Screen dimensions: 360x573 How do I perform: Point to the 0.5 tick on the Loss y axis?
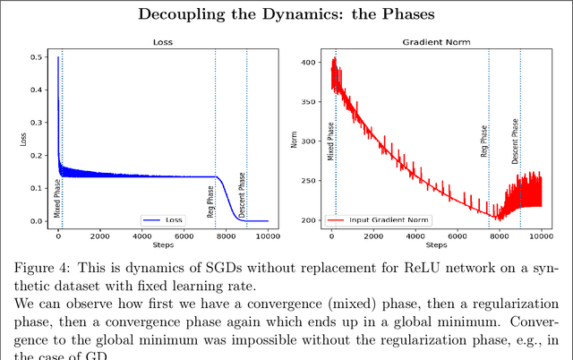[x=36, y=58]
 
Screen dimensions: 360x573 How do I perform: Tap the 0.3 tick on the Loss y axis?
[x=36, y=124]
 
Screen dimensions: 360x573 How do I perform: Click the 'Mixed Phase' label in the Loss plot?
[x=57, y=199]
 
